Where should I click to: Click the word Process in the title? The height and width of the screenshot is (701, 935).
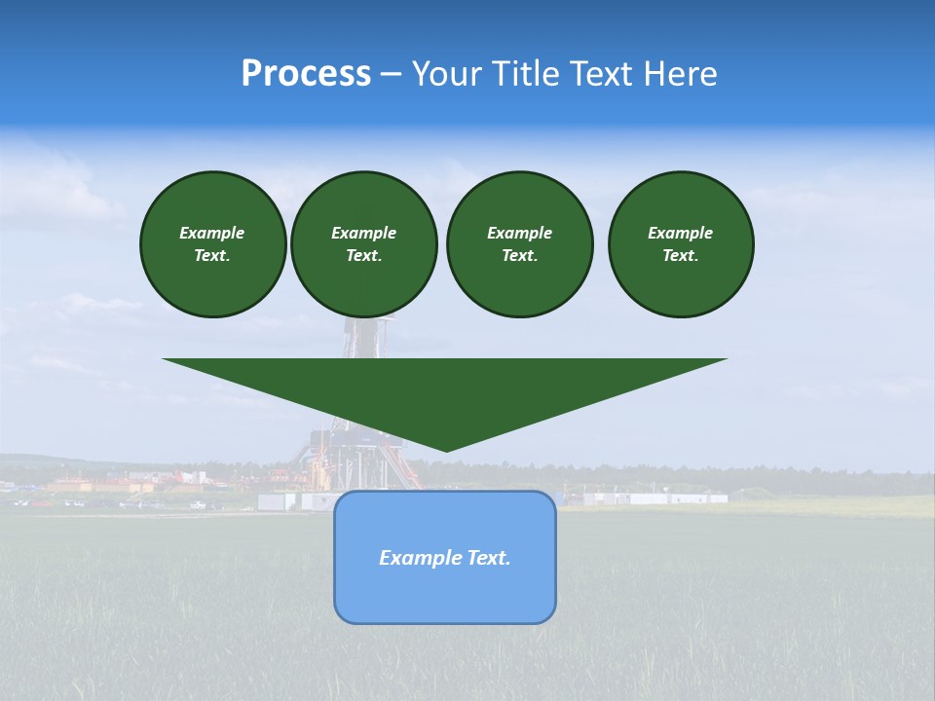pyautogui.click(x=306, y=74)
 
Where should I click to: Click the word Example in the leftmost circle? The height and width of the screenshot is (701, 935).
pyautogui.click(x=212, y=233)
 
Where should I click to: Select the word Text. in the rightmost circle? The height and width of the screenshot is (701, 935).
pyautogui.click(x=680, y=256)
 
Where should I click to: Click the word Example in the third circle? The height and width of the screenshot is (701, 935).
pyautogui.click(x=519, y=233)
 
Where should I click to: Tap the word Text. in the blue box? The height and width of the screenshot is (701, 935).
pyautogui.click(x=488, y=558)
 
